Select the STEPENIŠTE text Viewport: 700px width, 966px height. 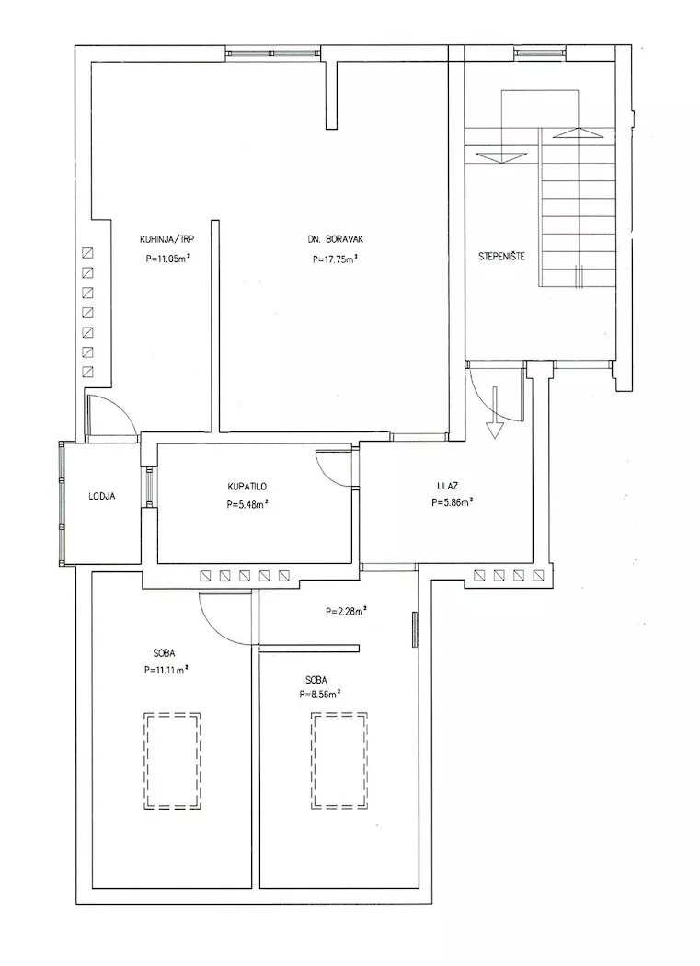(502, 257)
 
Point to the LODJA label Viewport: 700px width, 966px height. (102, 496)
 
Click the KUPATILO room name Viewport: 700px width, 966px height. (247, 487)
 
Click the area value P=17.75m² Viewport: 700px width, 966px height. (336, 259)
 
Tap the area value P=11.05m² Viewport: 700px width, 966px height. (167, 259)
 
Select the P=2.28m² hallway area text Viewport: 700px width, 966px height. (346, 612)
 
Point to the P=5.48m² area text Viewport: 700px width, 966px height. (247, 504)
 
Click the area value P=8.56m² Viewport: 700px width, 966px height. (320, 694)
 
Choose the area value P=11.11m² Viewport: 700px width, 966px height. (166, 670)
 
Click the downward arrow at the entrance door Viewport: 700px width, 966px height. (494, 413)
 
